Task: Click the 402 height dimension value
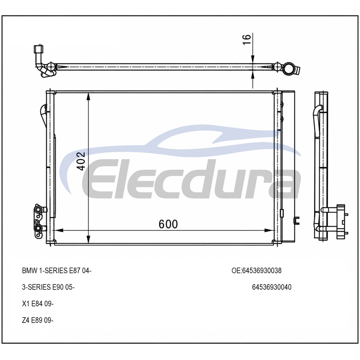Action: click(x=81, y=161)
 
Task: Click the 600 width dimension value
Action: click(x=168, y=224)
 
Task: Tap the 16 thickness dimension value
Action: click(x=247, y=40)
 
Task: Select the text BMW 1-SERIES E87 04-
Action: click(x=57, y=271)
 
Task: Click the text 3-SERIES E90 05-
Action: click(x=48, y=287)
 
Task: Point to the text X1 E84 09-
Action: click(x=38, y=304)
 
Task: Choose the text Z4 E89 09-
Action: click(x=38, y=320)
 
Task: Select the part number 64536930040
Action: click(x=271, y=287)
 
